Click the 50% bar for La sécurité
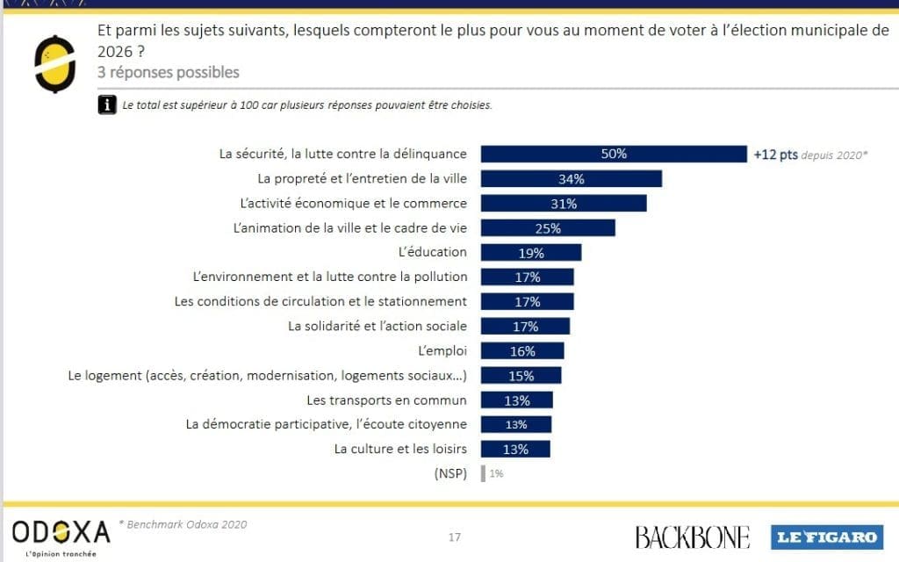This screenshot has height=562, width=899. (x=614, y=154)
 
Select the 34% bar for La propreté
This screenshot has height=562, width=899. (x=571, y=179)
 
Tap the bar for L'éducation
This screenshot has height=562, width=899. (x=531, y=253)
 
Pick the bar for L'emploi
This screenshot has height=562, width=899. (x=522, y=351)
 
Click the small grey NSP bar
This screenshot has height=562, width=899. (x=483, y=473)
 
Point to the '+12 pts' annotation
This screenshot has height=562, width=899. (x=775, y=155)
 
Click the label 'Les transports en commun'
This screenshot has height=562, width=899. (x=386, y=400)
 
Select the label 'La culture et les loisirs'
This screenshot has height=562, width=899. (x=400, y=449)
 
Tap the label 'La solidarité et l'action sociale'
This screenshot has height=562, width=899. (x=378, y=326)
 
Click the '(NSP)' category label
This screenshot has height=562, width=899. (x=450, y=473)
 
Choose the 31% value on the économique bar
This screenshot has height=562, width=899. (x=564, y=204)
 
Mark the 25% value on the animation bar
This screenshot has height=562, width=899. (x=548, y=228)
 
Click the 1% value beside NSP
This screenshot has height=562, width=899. (x=496, y=473)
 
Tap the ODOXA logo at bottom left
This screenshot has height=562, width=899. (x=61, y=532)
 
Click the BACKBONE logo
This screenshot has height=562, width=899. (x=692, y=537)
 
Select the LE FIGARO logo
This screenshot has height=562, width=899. (x=825, y=537)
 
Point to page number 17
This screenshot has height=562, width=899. (x=454, y=537)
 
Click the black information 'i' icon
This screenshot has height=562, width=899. (x=107, y=104)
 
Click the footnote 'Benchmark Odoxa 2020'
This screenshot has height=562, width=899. (x=187, y=524)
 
